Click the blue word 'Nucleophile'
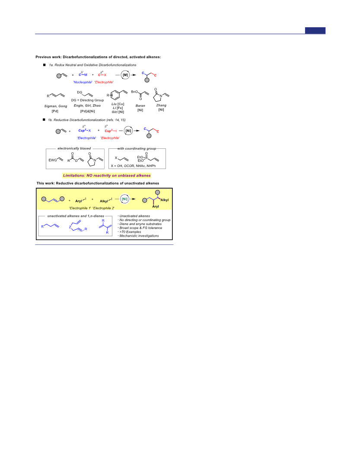pos(83,82)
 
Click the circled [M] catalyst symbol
pos(125,75)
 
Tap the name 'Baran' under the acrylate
pos(140,106)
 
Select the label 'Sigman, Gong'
pos(56,106)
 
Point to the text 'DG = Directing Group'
pos(88,100)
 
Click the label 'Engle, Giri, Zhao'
pos(87,106)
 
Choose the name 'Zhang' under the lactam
pos(161,106)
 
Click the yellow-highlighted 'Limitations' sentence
pos(107,176)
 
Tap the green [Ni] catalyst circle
pos(124,199)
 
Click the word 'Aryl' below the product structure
pos(156,206)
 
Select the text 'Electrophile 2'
pos(104,208)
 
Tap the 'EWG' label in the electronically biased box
pos(53,160)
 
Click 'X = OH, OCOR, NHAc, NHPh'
pos(133,166)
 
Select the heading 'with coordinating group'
pos(137,148)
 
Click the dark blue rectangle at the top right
pos(315,30)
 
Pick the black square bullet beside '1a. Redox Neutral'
pos(44,65)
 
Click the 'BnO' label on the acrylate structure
pos(134,92)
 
